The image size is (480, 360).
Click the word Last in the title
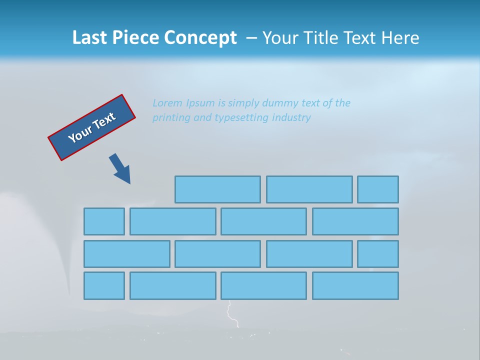(x=90, y=38)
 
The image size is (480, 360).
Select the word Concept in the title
(x=200, y=38)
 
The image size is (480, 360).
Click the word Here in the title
(x=400, y=38)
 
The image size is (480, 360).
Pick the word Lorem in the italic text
(x=167, y=103)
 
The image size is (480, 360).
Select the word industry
(x=291, y=117)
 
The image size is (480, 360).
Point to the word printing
(x=171, y=117)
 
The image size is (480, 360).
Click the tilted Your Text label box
(x=91, y=127)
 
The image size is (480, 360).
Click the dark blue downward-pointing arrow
(x=120, y=168)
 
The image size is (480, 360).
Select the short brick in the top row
(x=378, y=189)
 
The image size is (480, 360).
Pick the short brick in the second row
(x=104, y=221)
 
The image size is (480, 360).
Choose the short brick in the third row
(x=378, y=253)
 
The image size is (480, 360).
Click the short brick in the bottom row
(x=104, y=285)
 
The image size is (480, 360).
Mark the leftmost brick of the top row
(x=217, y=189)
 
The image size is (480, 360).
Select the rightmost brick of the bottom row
(x=355, y=285)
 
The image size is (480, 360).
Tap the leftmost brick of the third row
(x=126, y=253)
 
